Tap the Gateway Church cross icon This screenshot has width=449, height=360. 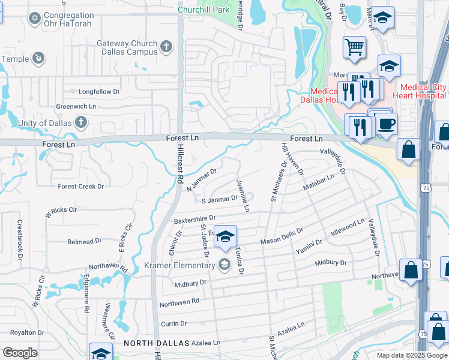tap(166, 46)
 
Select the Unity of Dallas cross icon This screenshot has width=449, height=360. tap(81, 123)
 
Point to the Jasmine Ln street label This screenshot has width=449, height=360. tap(243, 195)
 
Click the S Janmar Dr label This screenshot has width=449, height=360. tap(220, 200)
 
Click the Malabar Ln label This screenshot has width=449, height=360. tap(318, 181)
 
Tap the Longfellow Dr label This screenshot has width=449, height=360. tap(99, 92)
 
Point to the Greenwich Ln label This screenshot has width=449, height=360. tap(76, 106)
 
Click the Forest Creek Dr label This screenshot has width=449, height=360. tap(81, 187)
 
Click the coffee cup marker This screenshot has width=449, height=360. tap(387, 124)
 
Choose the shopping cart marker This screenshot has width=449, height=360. tap(354, 46)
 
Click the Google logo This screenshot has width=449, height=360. tap(20, 353)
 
